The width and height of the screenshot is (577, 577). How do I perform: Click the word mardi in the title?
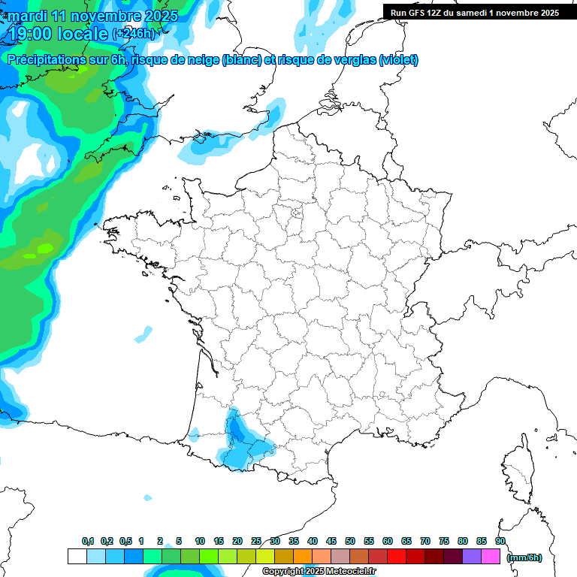tap(28, 16)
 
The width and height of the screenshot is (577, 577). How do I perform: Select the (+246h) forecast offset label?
tap(134, 34)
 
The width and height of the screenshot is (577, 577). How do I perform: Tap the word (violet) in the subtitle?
tap(399, 60)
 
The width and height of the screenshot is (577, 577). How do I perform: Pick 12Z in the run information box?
tap(434, 13)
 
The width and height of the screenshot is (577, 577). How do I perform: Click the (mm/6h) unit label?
tap(524, 557)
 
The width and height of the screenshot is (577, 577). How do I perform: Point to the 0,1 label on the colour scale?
tap(88, 541)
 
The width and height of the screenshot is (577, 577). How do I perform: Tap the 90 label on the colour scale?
tap(500, 541)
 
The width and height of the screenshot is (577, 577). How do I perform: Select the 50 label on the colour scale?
tap(350, 541)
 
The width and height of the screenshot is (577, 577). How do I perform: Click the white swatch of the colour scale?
tap(77, 556)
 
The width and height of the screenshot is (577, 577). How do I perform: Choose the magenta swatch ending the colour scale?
tap(491, 556)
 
